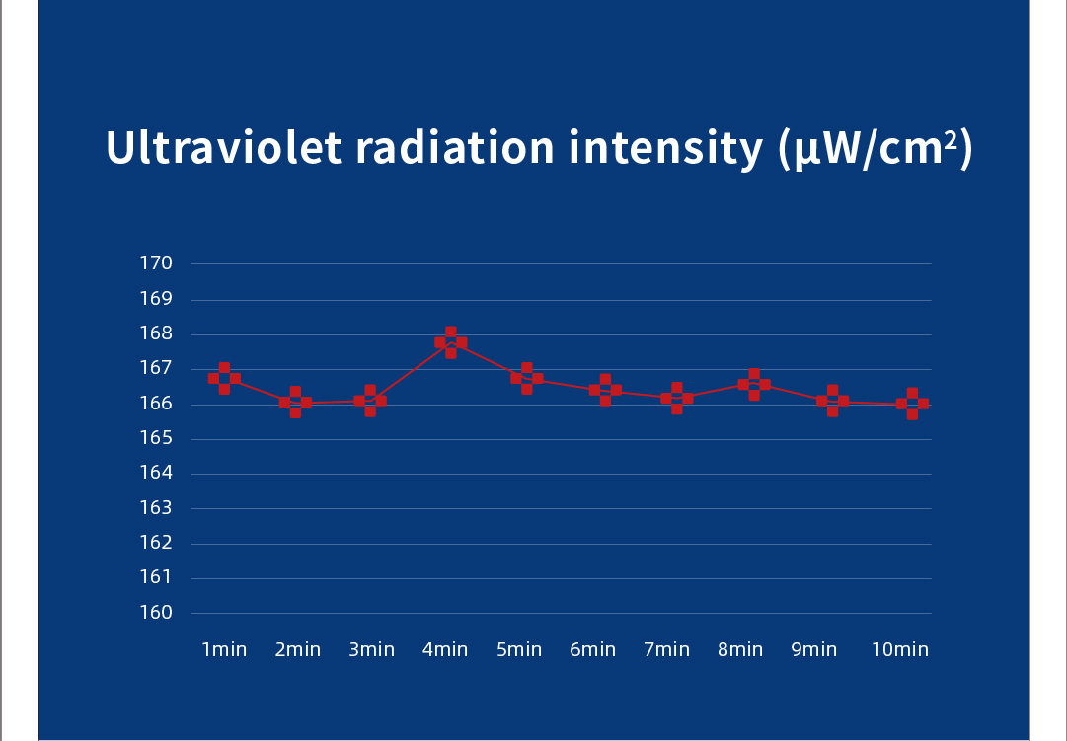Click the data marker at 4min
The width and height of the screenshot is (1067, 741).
tap(451, 342)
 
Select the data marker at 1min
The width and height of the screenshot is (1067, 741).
tap(224, 378)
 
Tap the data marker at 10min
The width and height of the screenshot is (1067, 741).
tap(912, 404)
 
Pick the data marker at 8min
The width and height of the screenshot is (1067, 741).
tap(754, 385)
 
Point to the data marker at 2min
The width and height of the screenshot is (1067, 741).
tap(295, 403)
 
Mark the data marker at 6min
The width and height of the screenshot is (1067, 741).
tap(605, 390)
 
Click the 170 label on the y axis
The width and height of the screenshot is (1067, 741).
tap(157, 263)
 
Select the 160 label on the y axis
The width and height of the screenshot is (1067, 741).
tap(157, 613)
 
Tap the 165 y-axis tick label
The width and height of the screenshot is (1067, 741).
tap(157, 438)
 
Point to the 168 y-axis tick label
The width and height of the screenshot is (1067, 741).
tap(157, 333)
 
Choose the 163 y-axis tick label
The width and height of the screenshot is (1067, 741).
tap(157, 508)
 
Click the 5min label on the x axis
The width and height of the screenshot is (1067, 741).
tap(519, 649)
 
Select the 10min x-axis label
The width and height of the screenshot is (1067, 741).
tap(900, 649)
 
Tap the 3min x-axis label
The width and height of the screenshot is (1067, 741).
tap(371, 649)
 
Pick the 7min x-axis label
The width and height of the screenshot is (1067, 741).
tap(667, 649)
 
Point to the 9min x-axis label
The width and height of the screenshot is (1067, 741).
tap(814, 649)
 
